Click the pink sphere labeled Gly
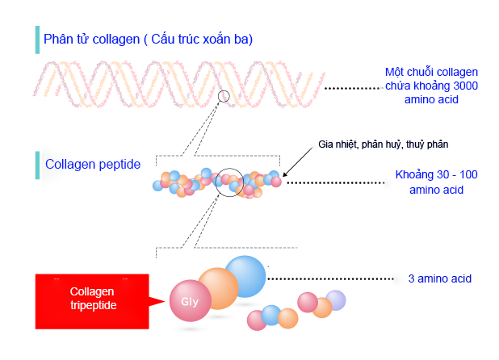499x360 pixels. tap(191, 300)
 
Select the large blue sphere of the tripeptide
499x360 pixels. tap(246, 276)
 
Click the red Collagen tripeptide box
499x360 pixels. tap(92, 301)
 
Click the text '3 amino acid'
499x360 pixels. tap(439, 278)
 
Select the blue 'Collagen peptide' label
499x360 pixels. tap(93, 165)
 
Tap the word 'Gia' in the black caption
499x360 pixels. tap(325, 144)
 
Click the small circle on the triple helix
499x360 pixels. tap(224, 90)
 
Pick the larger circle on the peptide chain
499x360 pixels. tap(216, 182)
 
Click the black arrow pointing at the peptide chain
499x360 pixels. tap(298, 161)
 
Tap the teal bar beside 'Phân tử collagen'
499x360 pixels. tap(37, 40)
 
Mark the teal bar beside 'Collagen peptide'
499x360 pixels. tap(37, 165)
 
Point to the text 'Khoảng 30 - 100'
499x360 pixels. tap(436, 174)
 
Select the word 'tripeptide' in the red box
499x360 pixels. tap(93, 305)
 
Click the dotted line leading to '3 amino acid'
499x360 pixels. tap(331, 279)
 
